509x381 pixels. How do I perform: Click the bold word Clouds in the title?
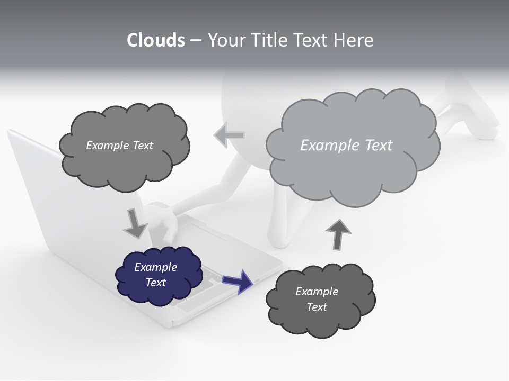tap(155, 40)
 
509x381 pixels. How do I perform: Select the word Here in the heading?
tap(353, 40)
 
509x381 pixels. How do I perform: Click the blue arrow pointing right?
tap(238, 280)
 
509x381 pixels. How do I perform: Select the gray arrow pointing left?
tap(229, 135)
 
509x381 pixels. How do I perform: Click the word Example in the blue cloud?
tap(155, 267)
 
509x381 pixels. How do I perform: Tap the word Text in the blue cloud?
tap(155, 283)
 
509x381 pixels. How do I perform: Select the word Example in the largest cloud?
tap(325, 145)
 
